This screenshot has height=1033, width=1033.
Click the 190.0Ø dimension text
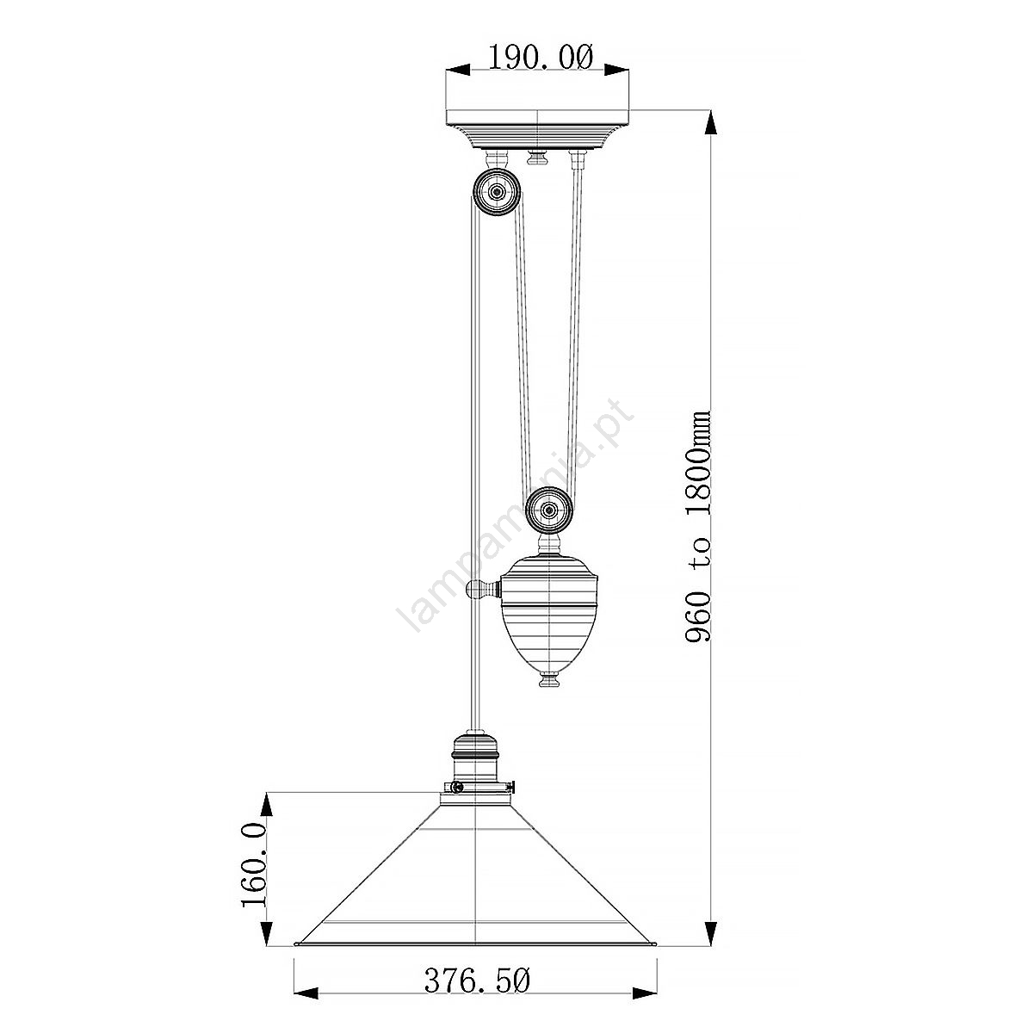pos(541,57)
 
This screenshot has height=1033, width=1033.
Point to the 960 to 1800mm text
pos(697,527)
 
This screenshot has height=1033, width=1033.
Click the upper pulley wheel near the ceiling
pos(497,191)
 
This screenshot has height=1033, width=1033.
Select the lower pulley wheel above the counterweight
pos(548,510)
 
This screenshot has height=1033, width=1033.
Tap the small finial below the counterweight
pos(549,680)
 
